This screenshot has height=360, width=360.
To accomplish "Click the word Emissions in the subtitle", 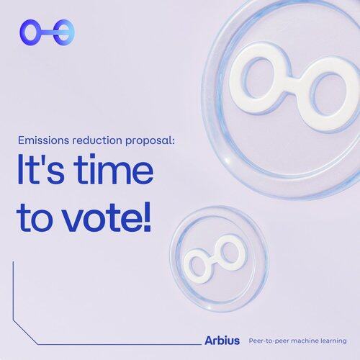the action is (x=43, y=140).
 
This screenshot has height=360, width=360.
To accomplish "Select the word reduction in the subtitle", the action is (x=97, y=140).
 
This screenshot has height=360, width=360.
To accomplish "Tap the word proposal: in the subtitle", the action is (x=150, y=141).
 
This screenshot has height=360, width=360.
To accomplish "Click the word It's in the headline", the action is (x=41, y=170).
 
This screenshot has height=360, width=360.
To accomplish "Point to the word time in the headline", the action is (x=113, y=169).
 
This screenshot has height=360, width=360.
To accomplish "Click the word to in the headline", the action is (x=34, y=218).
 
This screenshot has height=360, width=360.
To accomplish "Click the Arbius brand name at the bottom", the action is (x=222, y=341).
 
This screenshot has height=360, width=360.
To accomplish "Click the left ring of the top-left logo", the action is (x=22, y=32).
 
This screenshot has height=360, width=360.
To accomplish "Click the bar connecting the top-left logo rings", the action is (x=47, y=32).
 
